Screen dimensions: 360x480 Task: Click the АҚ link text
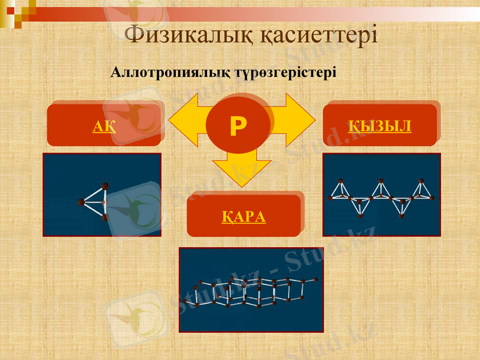click(104, 126)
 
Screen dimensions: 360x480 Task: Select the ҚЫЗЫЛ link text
click(380, 126)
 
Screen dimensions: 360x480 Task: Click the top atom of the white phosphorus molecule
click(106, 185)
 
